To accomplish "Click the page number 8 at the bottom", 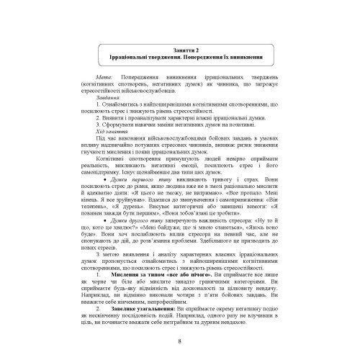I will (180, 340).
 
